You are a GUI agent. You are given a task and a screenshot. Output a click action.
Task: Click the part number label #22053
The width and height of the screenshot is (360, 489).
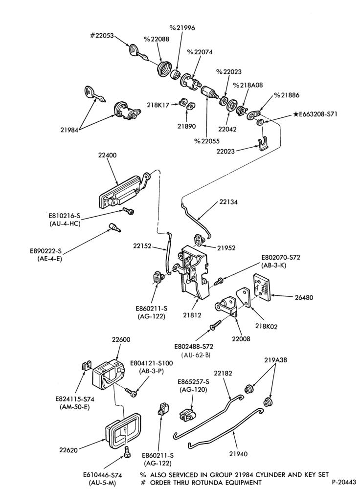click(102, 36)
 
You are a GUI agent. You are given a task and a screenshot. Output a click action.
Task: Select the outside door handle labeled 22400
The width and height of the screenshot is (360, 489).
click(123, 190)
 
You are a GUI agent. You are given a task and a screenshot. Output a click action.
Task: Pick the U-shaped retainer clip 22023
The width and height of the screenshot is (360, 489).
click(264, 143)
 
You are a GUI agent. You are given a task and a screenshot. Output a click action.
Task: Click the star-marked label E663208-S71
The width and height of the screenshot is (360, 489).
click(315, 114)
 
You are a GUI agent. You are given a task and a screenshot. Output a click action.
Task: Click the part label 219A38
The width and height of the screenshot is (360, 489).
click(275, 360)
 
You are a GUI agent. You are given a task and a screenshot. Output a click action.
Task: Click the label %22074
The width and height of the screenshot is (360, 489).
click(200, 52)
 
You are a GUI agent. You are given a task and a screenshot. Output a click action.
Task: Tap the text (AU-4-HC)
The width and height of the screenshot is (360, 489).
click(65, 223)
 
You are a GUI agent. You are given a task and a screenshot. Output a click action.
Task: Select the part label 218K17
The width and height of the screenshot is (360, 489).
click(158, 105)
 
